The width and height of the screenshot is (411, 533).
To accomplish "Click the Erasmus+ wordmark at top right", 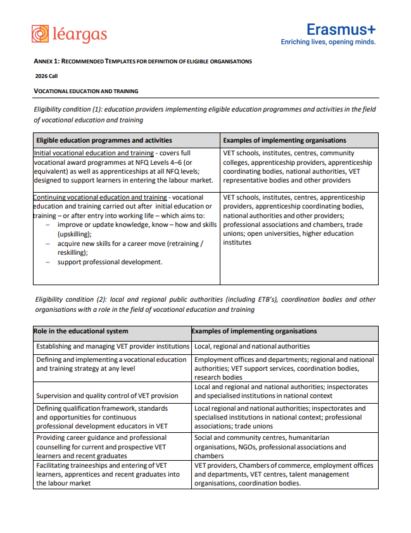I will click(340, 29).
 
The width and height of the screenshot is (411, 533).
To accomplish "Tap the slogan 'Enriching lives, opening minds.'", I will click(328, 42).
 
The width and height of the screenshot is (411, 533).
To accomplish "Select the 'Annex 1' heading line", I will click(142, 61).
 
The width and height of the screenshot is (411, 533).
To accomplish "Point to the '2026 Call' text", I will click(46, 76).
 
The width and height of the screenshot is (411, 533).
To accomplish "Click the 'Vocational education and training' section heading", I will click(85, 91).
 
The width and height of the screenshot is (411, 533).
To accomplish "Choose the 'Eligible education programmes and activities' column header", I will click(104, 140).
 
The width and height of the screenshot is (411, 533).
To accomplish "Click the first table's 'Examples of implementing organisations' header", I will click(284, 140).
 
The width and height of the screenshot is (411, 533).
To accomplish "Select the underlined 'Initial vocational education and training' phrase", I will click(94, 153).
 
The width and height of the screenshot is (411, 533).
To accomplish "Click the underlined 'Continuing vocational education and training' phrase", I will click(100, 198).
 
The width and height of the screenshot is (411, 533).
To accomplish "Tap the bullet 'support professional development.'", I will click(110, 262).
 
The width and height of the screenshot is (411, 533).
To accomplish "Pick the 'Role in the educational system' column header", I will click(80, 331).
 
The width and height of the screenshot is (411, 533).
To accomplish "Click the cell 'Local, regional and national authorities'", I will click(252, 347).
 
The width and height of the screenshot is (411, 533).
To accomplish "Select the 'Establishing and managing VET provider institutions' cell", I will click(112, 347).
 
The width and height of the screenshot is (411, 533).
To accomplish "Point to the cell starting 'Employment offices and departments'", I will click(284, 368).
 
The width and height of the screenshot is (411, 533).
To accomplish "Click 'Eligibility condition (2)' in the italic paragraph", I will click(71, 299).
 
